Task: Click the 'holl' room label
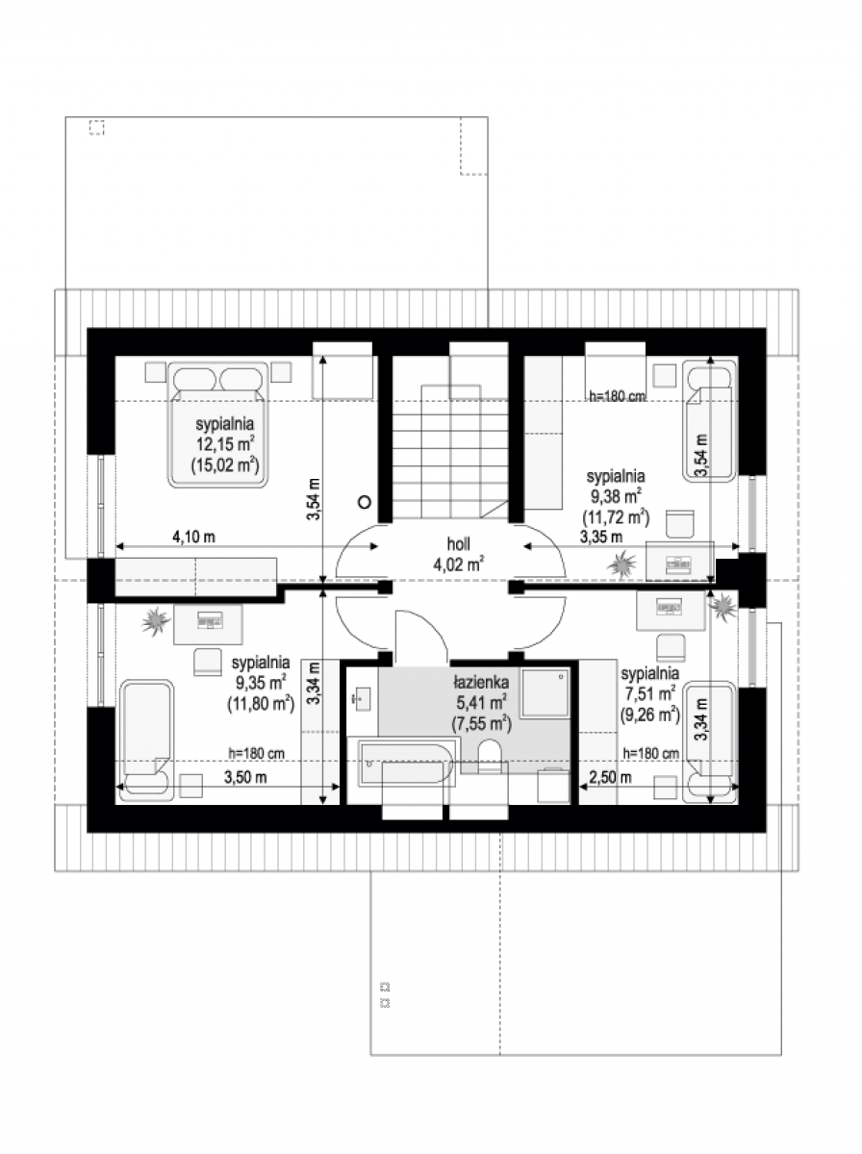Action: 458,543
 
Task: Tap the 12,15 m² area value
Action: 226,443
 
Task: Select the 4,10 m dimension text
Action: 193,537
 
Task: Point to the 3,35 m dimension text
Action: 601,537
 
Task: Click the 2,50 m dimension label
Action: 610,777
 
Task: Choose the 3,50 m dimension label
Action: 245,777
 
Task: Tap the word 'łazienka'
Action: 481,683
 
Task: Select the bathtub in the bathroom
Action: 405,764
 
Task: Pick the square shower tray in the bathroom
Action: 545,693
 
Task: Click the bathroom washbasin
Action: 362,699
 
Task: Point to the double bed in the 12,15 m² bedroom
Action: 217,425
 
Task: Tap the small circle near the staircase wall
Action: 365,502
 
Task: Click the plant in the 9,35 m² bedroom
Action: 156,621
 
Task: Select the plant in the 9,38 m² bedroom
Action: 621,564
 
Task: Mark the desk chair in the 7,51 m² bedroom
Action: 671,648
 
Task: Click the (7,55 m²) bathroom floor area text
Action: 481,724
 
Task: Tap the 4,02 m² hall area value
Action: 458,564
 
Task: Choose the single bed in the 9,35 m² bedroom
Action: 147,740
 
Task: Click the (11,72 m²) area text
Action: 616,517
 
